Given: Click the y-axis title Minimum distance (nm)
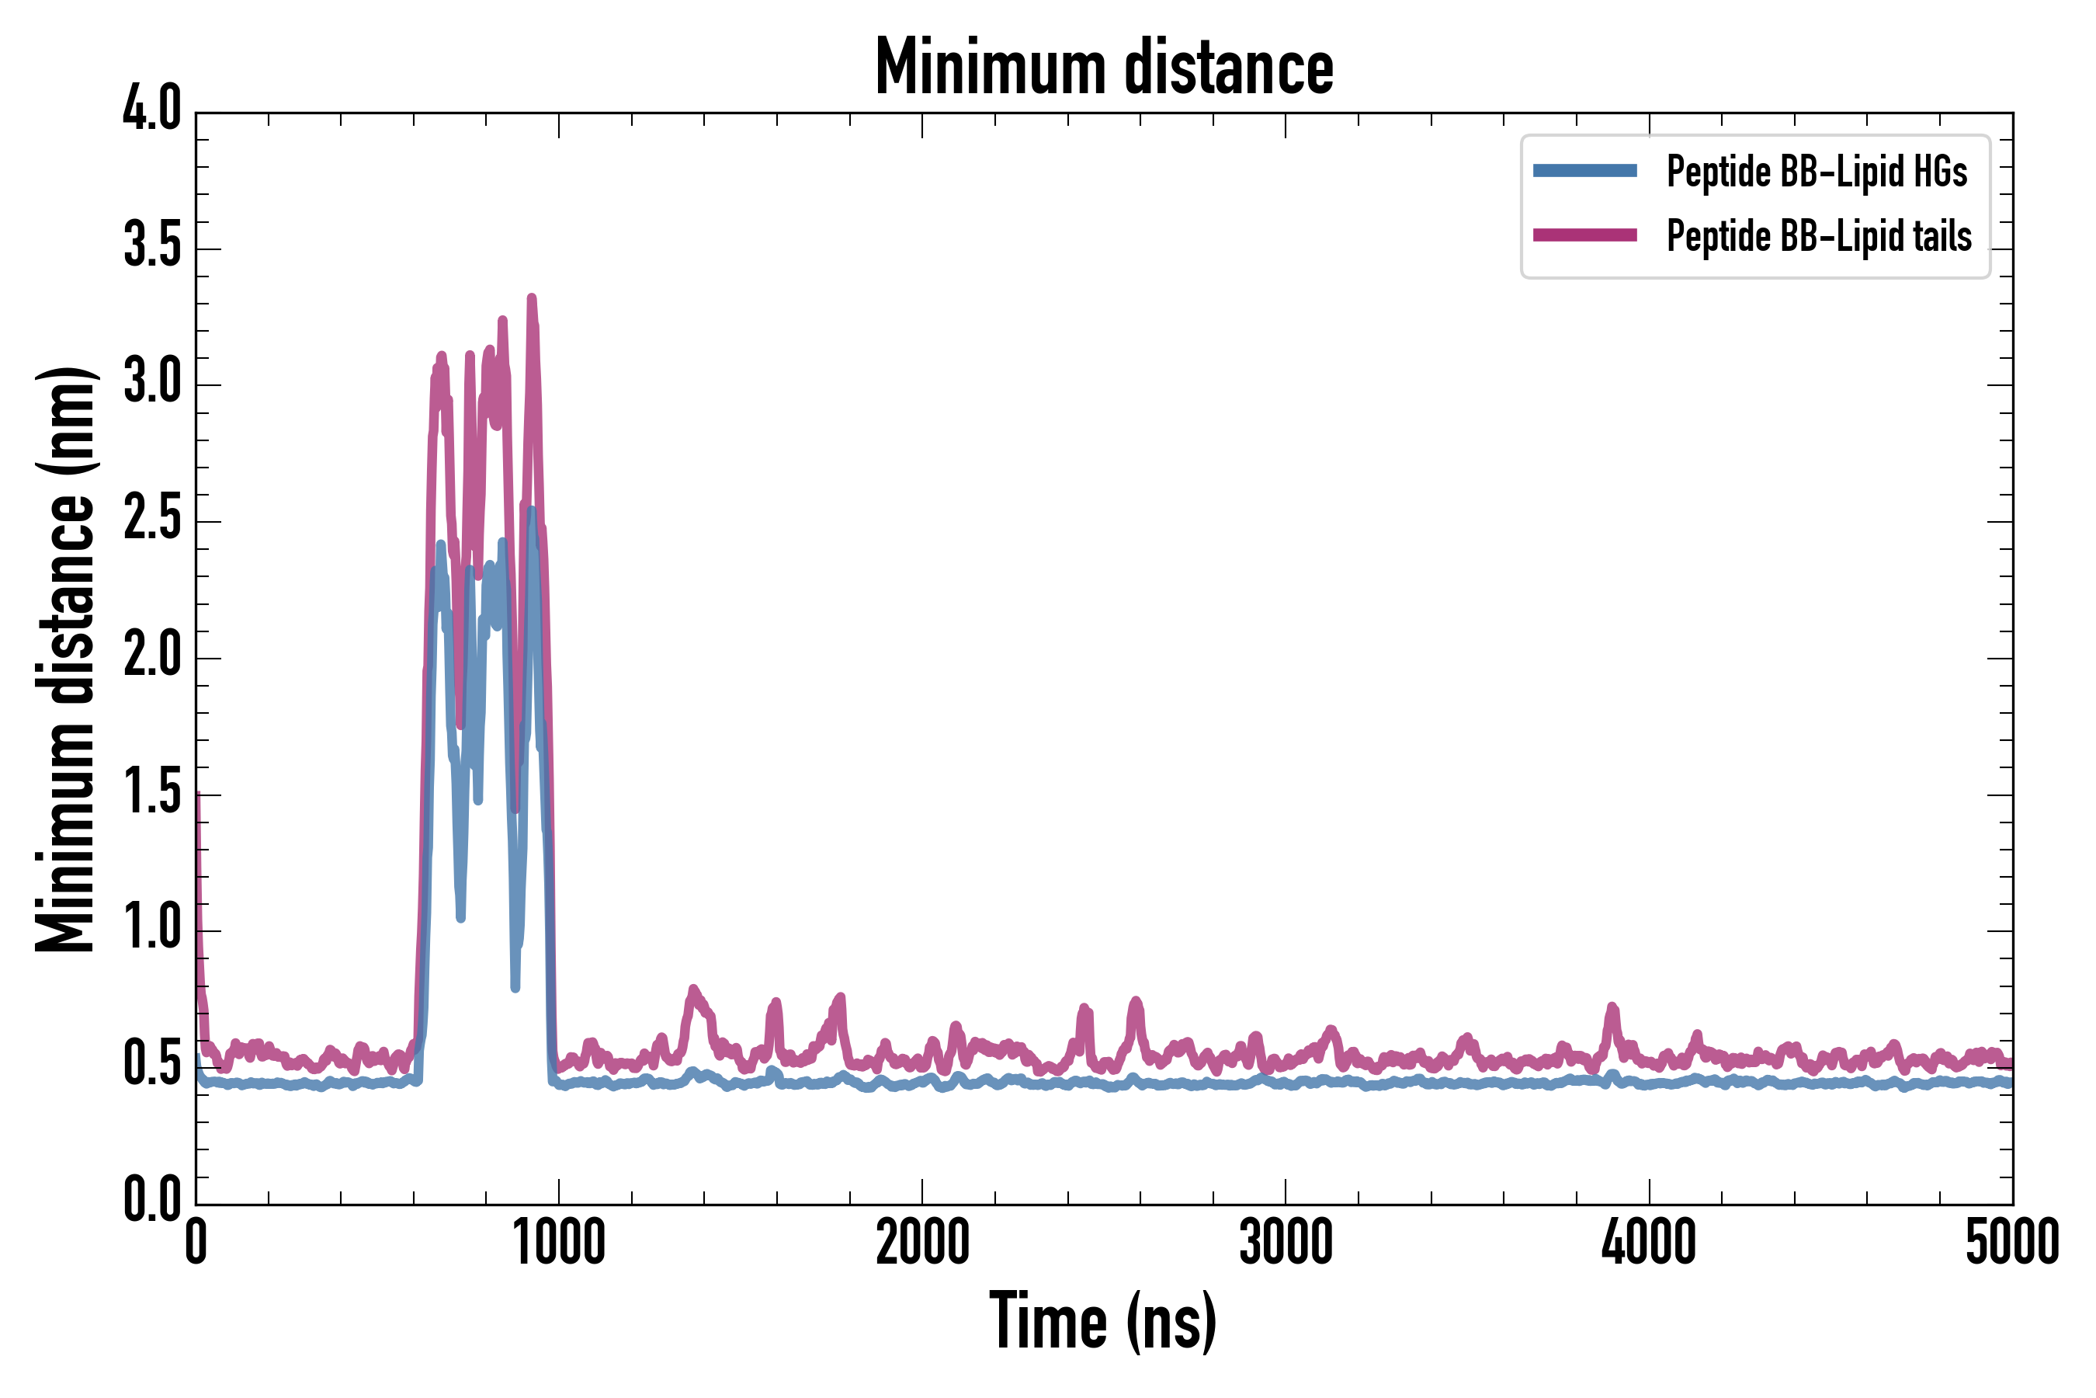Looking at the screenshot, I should [x=65, y=659].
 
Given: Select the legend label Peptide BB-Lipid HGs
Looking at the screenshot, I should [x=1817, y=171].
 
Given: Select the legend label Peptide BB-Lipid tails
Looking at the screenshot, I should [x=1819, y=236].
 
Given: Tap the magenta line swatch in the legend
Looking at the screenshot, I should [x=1584, y=235].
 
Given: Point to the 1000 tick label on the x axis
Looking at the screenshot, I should [x=559, y=1243].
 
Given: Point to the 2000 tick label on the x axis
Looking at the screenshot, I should [x=922, y=1243].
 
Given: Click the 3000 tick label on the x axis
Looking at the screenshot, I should [x=1286, y=1243].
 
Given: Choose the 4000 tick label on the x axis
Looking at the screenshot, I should [x=1649, y=1243].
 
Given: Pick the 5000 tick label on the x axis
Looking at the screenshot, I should [x=2012, y=1243].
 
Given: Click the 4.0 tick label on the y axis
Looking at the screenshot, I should [x=151, y=110].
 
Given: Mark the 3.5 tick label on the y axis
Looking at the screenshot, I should [x=151, y=245].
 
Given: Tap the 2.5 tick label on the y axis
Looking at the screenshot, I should [x=151, y=518].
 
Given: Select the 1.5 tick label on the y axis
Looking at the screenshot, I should [x=151, y=791].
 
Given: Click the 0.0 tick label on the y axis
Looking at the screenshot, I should [x=151, y=1199].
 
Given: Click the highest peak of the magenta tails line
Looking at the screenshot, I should [x=532, y=299].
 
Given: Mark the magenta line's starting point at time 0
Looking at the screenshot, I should [x=197, y=794].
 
